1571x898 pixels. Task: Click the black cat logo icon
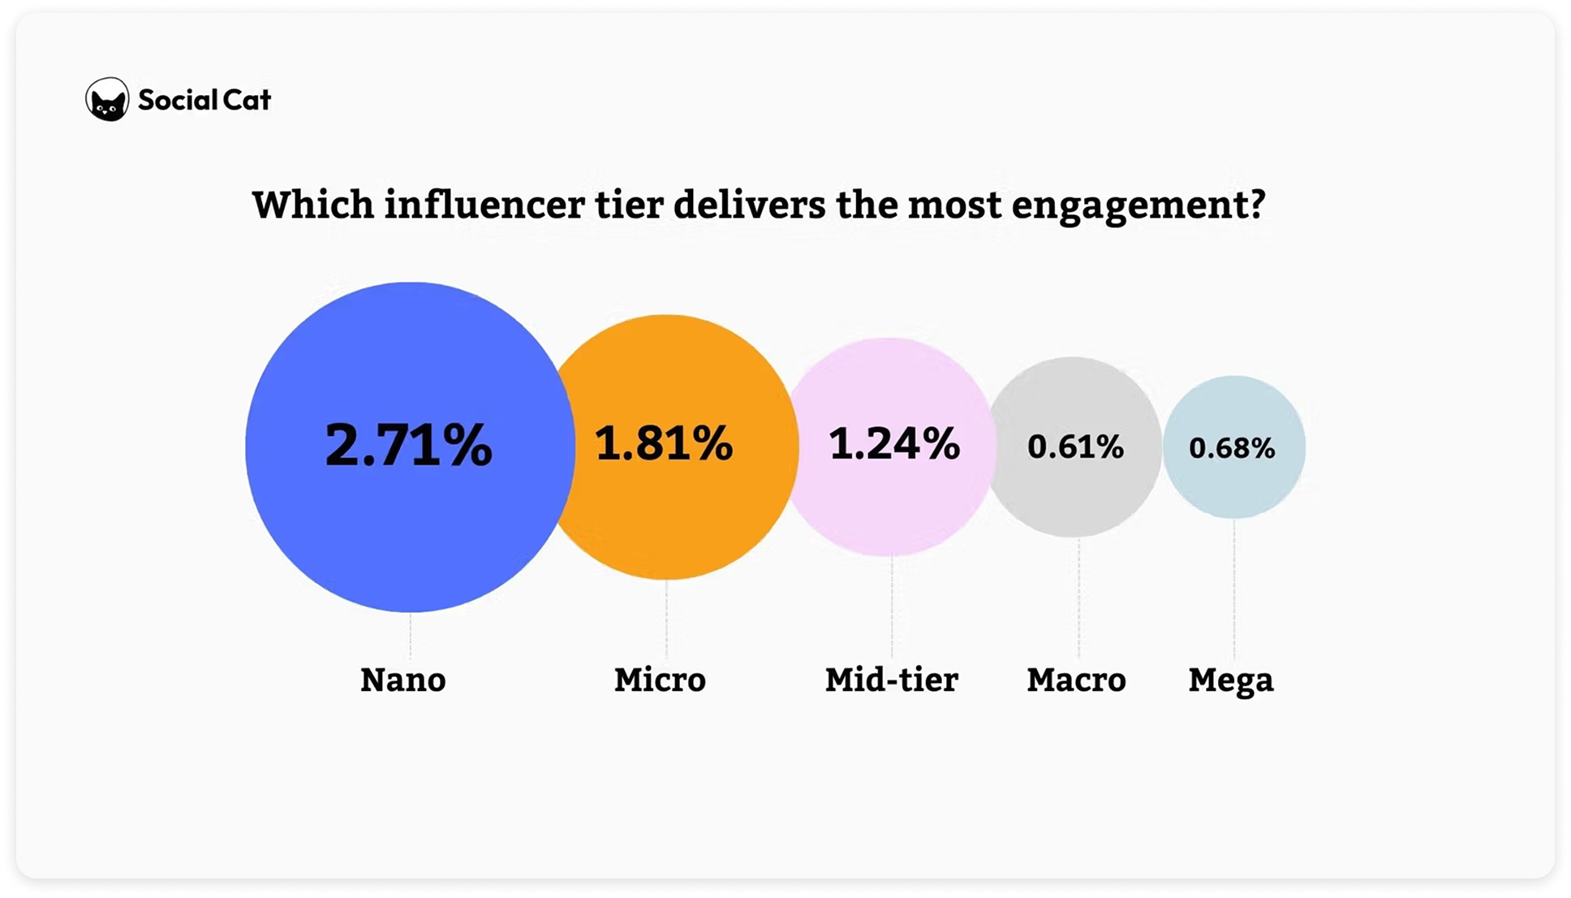pos(107,100)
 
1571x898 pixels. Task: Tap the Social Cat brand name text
pos(204,100)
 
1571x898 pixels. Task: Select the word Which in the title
pos(312,204)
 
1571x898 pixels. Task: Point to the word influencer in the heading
pos(484,204)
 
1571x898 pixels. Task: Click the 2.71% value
pos(408,445)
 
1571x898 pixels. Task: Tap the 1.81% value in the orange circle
pos(664,443)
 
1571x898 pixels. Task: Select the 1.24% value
pos(894,444)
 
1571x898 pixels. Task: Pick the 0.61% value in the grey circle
pos(1075,447)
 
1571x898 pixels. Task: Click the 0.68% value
pos(1232,448)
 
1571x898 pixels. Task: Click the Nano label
pos(403,680)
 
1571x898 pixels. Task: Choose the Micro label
pos(660,680)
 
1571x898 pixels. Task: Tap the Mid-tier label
pos(891,680)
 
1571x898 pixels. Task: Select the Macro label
pos(1076,680)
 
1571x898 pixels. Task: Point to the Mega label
pos(1231,680)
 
